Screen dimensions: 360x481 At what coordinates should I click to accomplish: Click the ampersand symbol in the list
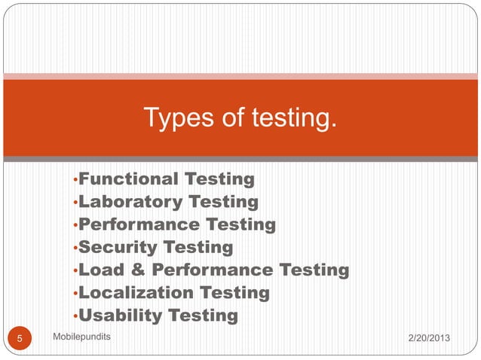point(138,270)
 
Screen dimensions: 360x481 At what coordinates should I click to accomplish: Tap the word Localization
point(136,292)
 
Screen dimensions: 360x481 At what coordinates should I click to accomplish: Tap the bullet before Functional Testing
point(75,181)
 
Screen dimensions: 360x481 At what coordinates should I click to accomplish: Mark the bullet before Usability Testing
point(75,316)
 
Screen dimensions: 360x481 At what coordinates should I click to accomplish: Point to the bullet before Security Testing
point(75,249)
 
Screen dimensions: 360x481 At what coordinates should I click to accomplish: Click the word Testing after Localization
point(234,292)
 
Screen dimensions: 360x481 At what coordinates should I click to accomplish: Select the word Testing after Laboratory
point(223,202)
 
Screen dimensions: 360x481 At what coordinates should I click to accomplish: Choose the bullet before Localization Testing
point(75,294)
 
